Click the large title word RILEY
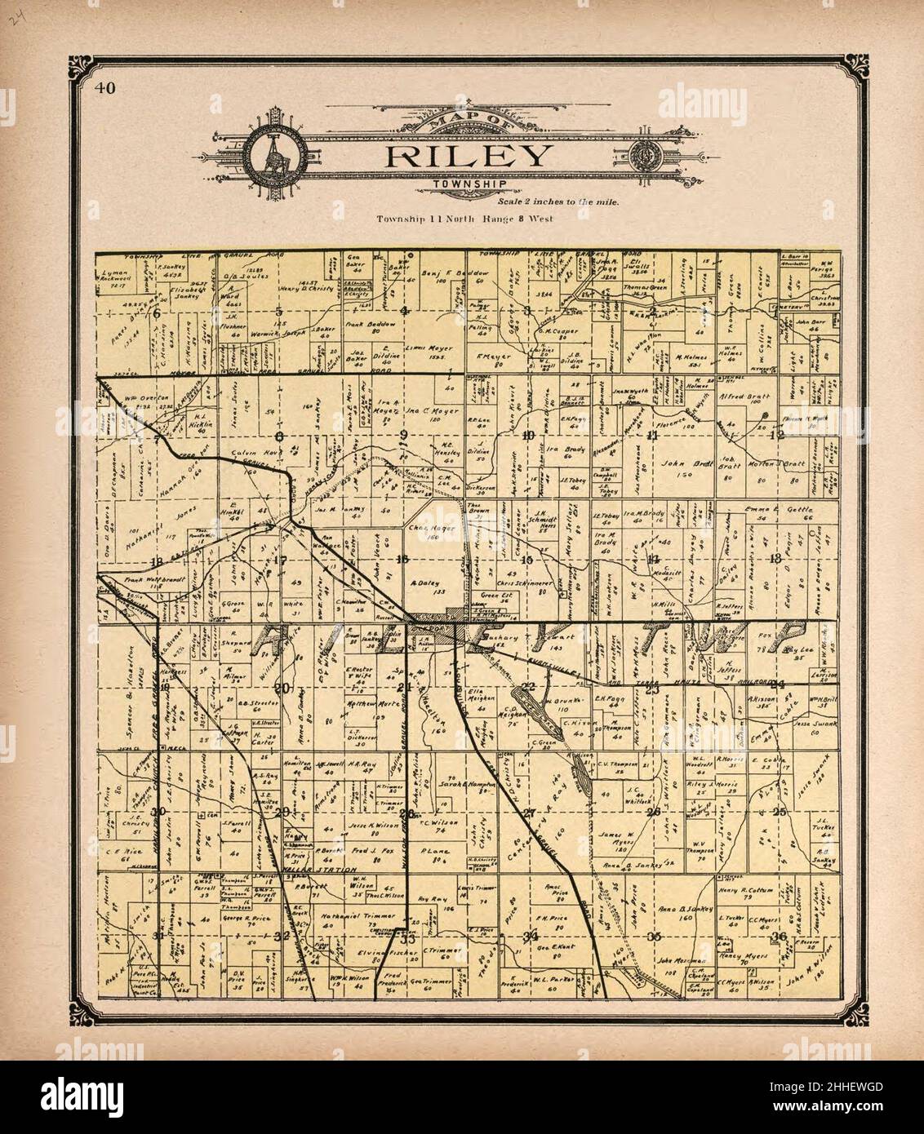[x=468, y=156]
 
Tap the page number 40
[x=104, y=89]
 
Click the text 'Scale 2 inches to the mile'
[x=558, y=202]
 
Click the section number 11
[x=652, y=435]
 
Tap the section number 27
[x=529, y=813]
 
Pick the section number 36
[x=781, y=935]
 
